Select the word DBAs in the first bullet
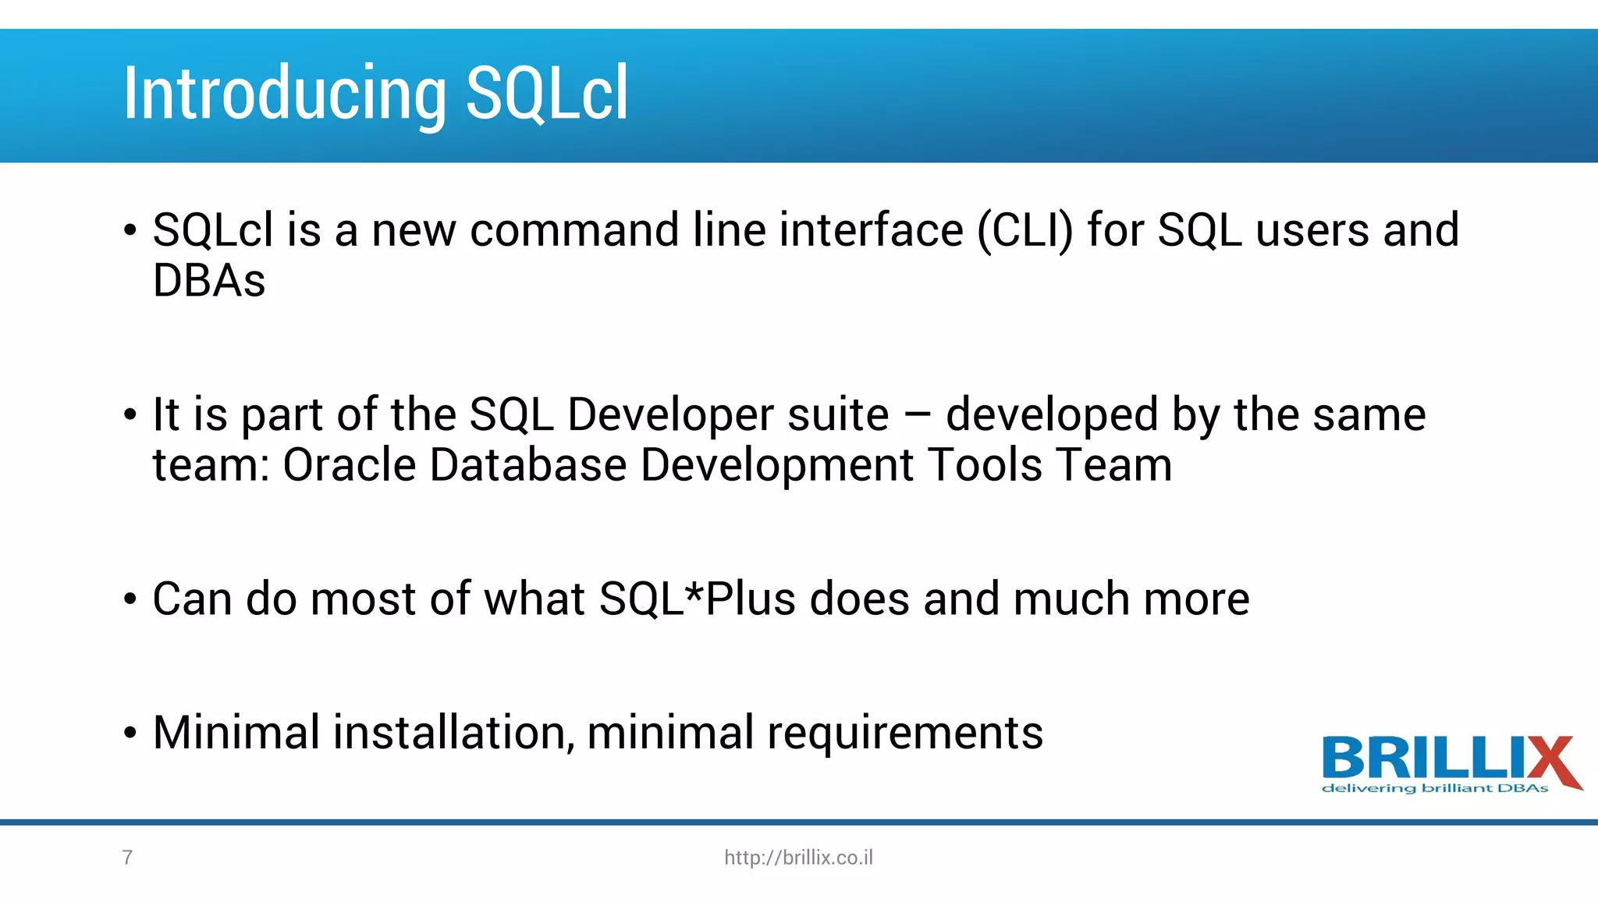pyautogui.click(x=209, y=281)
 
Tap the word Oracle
pyautogui.click(x=349, y=466)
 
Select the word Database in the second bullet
pyautogui.click(x=527, y=466)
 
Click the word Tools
pyautogui.click(x=985, y=466)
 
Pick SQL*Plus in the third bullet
pyautogui.click(x=697, y=599)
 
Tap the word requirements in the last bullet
pyautogui.click(x=904, y=734)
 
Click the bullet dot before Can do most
pyautogui.click(x=130, y=600)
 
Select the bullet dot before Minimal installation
pyautogui.click(x=130, y=734)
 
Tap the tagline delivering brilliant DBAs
pyautogui.click(x=1434, y=789)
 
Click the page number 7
pyautogui.click(x=127, y=858)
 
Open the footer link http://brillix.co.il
pyautogui.click(x=798, y=858)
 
